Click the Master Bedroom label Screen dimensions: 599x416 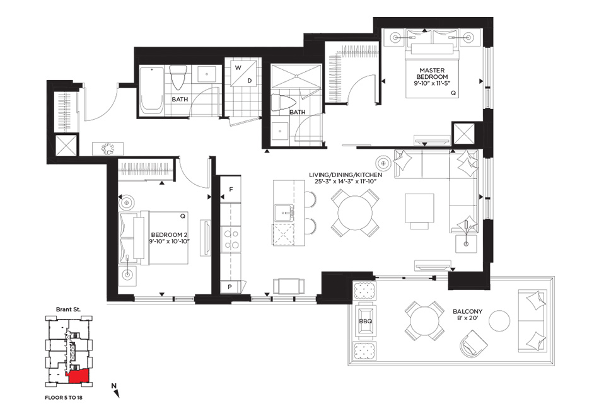(x=432, y=73)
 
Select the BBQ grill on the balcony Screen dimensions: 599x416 (x=365, y=321)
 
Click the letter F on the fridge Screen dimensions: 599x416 (x=231, y=190)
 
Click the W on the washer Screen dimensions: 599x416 (x=238, y=68)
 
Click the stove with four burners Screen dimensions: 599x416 (x=231, y=239)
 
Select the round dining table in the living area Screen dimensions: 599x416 (x=355, y=213)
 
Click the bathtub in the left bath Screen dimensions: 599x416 (x=151, y=91)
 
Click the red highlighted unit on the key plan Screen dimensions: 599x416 (x=79, y=377)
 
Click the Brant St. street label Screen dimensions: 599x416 (x=68, y=309)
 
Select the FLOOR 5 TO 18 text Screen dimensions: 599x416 (x=64, y=398)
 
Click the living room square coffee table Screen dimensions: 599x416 (x=419, y=209)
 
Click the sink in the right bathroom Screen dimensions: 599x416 (x=281, y=131)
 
